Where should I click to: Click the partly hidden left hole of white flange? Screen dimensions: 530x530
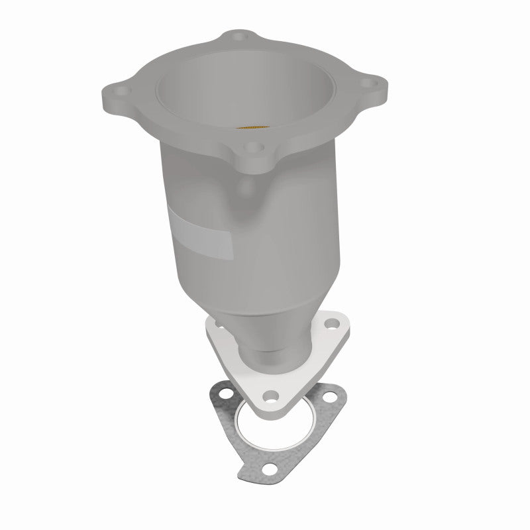216,323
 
